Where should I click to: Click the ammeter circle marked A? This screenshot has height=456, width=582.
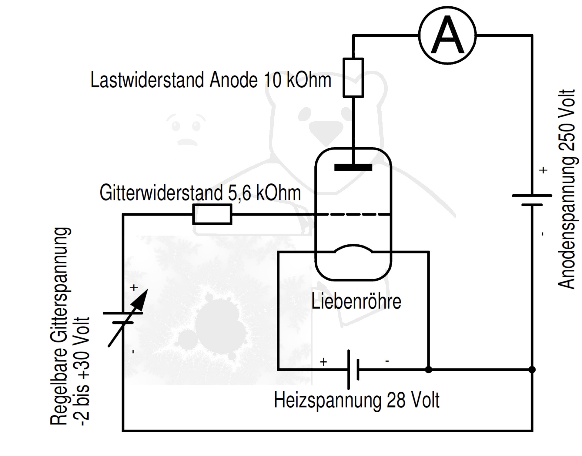(x=447, y=35)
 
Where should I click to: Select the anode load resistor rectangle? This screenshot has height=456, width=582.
(x=353, y=78)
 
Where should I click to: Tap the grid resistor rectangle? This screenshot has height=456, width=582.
(x=212, y=214)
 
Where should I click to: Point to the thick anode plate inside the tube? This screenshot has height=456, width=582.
(x=353, y=167)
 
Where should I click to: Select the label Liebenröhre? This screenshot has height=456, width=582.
(x=356, y=301)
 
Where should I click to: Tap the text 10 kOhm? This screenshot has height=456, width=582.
(x=297, y=80)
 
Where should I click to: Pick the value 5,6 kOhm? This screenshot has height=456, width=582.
(x=264, y=193)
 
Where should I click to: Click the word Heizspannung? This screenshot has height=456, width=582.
(x=327, y=400)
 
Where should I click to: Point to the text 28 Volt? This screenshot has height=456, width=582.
(x=413, y=400)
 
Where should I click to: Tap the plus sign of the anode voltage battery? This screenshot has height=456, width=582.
(x=543, y=170)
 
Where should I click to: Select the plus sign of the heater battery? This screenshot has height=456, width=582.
(x=323, y=362)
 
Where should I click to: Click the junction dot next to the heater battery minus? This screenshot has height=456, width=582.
(x=428, y=370)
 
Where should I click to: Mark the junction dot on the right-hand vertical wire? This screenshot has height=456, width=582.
(x=532, y=370)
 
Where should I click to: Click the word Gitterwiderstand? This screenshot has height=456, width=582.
(x=161, y=193)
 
